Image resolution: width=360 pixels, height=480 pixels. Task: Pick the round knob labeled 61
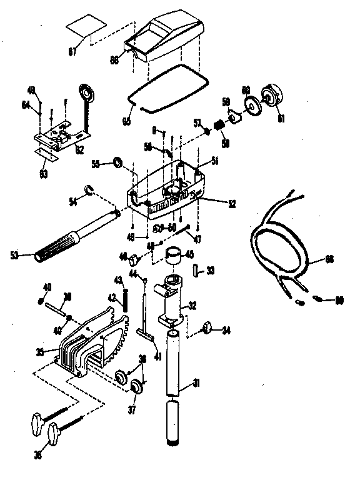click(273, 96)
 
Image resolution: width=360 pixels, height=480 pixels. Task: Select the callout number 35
click(40, 352)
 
